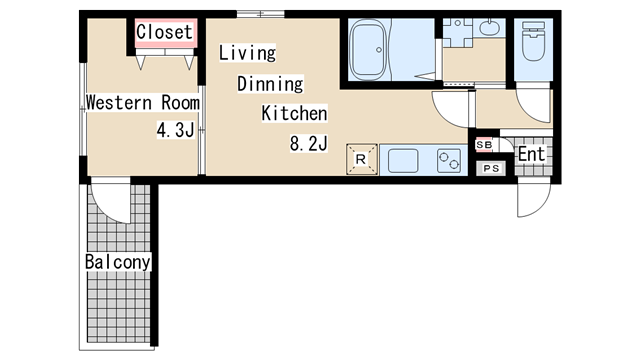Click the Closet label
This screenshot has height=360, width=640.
click(x=164, y=32)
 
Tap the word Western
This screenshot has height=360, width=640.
click(x=119, y=102)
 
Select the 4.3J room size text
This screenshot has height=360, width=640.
click(x=176, y=130)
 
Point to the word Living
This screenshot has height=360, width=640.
click(x=247, y=53)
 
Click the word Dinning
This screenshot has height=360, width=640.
click(x=270, y=84)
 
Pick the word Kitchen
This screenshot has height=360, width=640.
click(x=294, y=113)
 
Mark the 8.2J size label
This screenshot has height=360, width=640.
click(x=309, y=144)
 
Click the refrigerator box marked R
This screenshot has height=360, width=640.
click(x=362, y=159)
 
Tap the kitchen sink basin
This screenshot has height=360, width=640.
click(x=403, y=160)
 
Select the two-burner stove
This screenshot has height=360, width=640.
click(x=449, y=160)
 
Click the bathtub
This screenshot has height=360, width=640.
click(x=368, y=50)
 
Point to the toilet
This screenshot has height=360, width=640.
click(x=533, y=41)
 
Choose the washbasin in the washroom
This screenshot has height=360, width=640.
click(x=489, y=27)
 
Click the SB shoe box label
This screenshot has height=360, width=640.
click(x=484, y=145)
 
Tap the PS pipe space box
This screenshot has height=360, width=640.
click(x=491, y=168)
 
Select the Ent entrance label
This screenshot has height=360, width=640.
click(x=532, y=154)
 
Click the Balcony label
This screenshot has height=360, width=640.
click(x=118, y=262)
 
